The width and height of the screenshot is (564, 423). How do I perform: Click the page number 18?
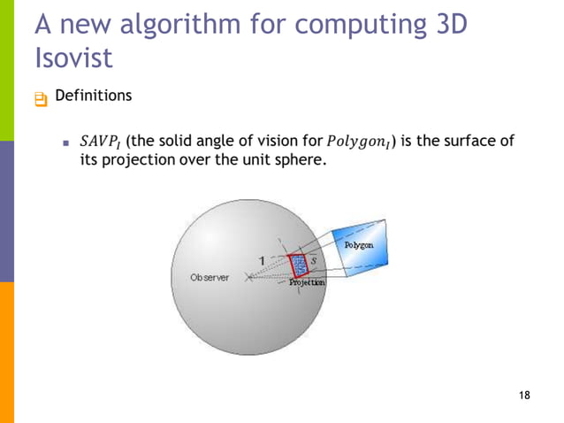(x=525, y=394)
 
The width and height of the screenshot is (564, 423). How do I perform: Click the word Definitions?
(x=93, y=96)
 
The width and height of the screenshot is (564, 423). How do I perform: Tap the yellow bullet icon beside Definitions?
(x=40, y=99)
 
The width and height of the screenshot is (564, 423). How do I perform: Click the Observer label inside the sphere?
(x=210, y=277)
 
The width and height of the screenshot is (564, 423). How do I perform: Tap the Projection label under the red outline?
(x=308, y=281)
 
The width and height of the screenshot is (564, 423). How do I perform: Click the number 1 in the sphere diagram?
(x=262, y=259)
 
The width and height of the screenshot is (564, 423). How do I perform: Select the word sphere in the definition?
(x=286, y=164)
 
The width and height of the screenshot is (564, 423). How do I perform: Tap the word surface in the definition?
(x=469, y=142)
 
